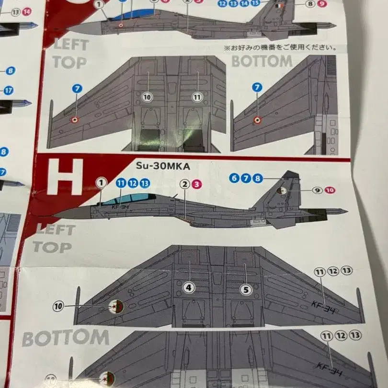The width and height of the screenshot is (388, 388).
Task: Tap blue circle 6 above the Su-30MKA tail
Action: (234, 178)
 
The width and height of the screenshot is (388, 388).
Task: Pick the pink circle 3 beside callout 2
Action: (198, 183)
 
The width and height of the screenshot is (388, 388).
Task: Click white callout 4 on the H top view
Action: (190, 288)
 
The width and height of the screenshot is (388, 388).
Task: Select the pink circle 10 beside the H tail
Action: (330, 190)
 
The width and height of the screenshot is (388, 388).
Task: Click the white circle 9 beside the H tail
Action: (317, 190)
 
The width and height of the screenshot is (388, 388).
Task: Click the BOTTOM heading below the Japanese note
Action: (262, 61)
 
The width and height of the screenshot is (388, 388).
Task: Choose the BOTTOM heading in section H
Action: (65, 338)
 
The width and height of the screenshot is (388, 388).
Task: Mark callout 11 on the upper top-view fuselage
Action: (197, 97)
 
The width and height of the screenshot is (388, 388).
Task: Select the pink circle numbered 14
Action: (27, 11)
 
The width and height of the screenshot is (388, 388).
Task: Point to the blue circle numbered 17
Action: (8, 90)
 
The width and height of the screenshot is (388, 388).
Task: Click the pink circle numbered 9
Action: (322, 4)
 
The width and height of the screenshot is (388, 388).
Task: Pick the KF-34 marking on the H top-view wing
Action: (323, 304)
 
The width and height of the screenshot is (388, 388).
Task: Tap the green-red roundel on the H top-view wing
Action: (116, 306)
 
